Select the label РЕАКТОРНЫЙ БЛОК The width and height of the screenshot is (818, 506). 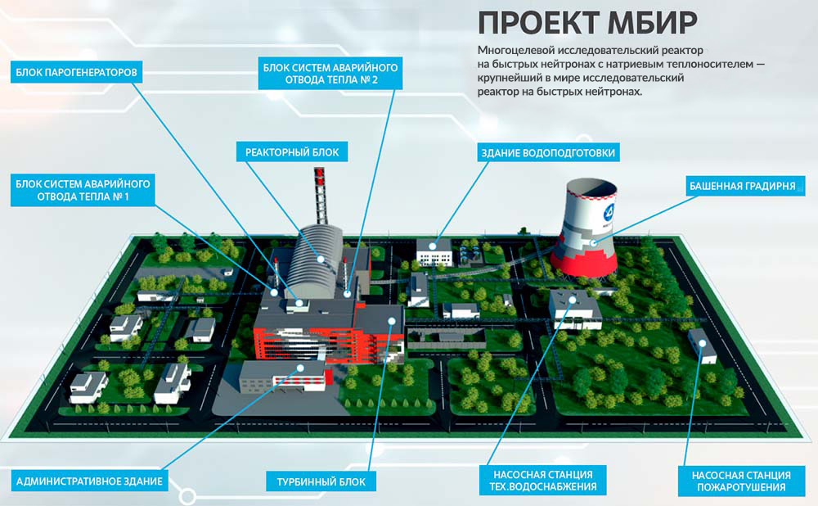(x=291, y=151)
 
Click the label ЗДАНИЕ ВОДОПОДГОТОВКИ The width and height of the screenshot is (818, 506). (x=547, y=152)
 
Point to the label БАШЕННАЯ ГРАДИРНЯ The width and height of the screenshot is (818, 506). (x=742, y=186)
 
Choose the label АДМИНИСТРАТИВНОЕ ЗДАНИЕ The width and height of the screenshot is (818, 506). (x=89, y=480)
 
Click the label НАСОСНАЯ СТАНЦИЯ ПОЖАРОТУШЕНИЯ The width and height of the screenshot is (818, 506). (x=740, y=481)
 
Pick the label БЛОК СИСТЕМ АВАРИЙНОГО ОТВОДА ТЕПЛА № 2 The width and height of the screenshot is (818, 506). (x=330, y=74)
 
